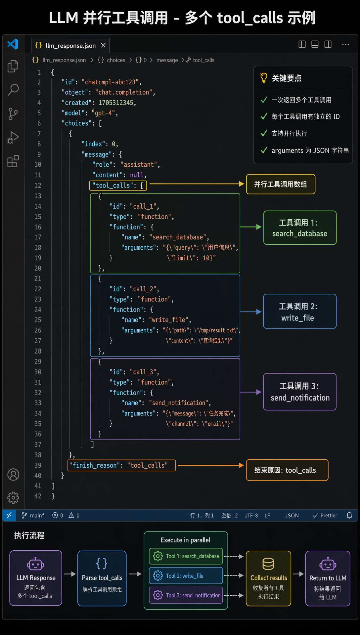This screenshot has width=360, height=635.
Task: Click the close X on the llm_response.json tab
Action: click(103, 45)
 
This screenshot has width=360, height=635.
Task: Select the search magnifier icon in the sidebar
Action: click(13, 90)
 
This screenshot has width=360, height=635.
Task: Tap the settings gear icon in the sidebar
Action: click(13, 497)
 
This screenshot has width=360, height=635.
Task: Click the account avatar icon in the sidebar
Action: click(13, 475)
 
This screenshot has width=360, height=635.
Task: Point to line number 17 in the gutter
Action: click(38, 237)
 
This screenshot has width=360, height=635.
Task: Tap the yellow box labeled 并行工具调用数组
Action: click(281, 184)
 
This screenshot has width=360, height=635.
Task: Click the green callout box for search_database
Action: click(300, 228)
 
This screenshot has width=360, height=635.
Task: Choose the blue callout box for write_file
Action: click(300, 312)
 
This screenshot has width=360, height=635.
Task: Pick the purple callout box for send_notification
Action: click(300, 392)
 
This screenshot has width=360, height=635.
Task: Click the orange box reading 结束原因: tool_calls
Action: click(287, 470)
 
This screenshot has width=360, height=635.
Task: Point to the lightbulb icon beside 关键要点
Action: click(264, 78)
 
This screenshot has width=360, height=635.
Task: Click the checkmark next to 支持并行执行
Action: click(264, 133)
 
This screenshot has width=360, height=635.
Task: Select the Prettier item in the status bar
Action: click(325, 515)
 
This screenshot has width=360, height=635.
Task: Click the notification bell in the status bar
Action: click(349, 515)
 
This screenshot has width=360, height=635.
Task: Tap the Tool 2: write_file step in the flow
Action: click(186, 576)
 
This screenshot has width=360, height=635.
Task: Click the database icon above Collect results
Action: click(268, 564)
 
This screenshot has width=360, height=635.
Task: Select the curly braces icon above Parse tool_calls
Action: click(102, 563)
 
